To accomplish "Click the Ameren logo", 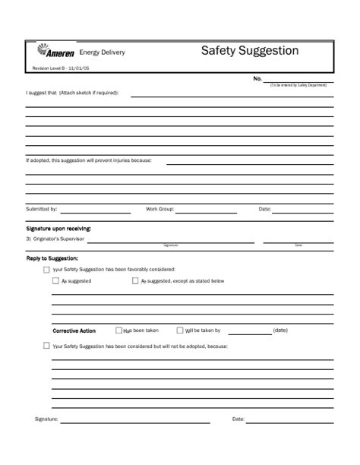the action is [56, 52].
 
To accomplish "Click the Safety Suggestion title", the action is [249, 51].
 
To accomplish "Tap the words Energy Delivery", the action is [103, 52].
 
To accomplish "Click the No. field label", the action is [257, 79].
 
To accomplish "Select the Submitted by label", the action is [42, 208].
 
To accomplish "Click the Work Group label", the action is [160, 208].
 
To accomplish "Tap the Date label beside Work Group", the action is [265, 208].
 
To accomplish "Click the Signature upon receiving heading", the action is [58, 228].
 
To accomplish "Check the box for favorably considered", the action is [47, 270].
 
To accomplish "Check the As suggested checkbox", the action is [55, 281].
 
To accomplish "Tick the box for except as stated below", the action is [135, 281].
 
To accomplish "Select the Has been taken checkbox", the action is [118, 331].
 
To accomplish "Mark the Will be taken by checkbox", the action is [180, 331].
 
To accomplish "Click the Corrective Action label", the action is [74, 331].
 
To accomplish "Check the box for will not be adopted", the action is [47, 346].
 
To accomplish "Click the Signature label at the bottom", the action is [46, 419].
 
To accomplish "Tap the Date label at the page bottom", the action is [238, 419].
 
